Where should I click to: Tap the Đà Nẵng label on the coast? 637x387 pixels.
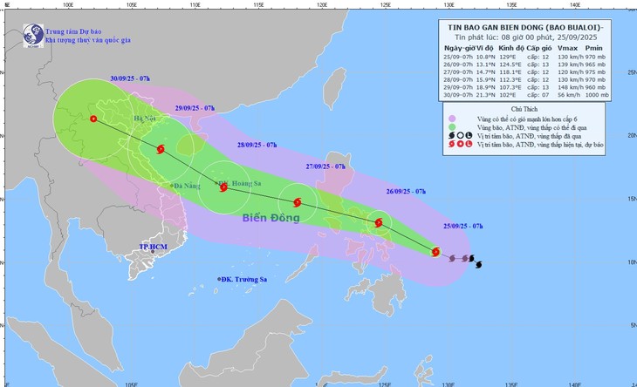click(187, 186)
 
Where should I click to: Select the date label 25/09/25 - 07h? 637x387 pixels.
click(463, 226)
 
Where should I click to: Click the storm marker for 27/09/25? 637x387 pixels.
click(298, 203)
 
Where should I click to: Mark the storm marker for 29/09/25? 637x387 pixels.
click(161, 149)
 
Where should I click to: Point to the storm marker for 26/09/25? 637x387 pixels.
click(379, 222)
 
